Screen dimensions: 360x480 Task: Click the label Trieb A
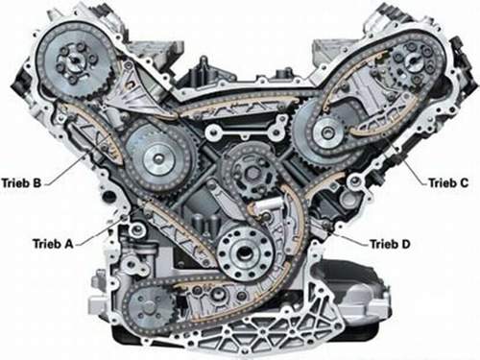coord(54,244)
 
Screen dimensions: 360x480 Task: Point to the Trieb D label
coord(390,244)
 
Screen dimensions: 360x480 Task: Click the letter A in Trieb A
coord(69,244)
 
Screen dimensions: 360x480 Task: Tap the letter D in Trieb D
coord(406,244)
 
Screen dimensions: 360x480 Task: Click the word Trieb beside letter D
coord(383,244)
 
